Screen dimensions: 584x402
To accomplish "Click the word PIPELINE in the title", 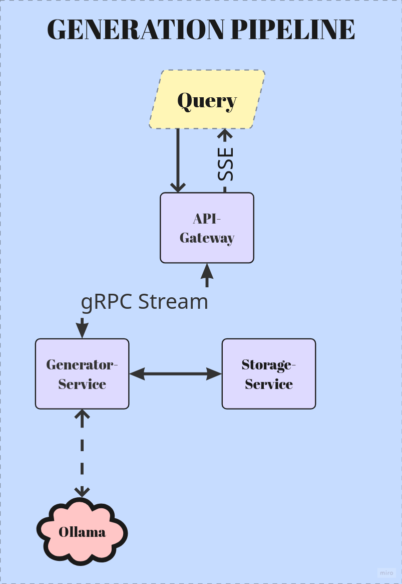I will click(294, 30).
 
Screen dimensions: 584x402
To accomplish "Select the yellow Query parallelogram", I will click(207, 100).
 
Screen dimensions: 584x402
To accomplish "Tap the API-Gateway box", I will click(207, 228).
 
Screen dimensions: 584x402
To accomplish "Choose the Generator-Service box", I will click(82, 374).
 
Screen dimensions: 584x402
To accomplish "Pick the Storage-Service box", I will click(269, 374).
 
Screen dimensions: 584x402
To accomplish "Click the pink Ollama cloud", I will click(82, 532).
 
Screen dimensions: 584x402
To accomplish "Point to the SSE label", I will click(226, 163).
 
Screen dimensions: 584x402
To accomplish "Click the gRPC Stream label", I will click(144, 302).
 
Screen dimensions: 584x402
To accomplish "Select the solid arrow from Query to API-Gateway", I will click(178, 160).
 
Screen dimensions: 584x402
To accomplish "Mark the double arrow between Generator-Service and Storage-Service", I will click(175, 373).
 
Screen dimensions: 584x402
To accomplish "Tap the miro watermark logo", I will click(386, 572).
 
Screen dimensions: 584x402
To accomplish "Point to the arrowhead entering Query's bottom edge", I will click(225, 134).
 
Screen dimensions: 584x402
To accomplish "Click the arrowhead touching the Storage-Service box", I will click(216, 373).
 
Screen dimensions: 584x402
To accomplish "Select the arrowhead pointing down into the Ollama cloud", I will click(82, 492).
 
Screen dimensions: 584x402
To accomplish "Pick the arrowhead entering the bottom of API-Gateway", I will click(207, 271).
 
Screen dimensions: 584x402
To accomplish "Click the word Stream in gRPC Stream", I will click(173, 302).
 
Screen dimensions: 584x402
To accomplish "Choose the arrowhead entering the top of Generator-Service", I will click(82, 331).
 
